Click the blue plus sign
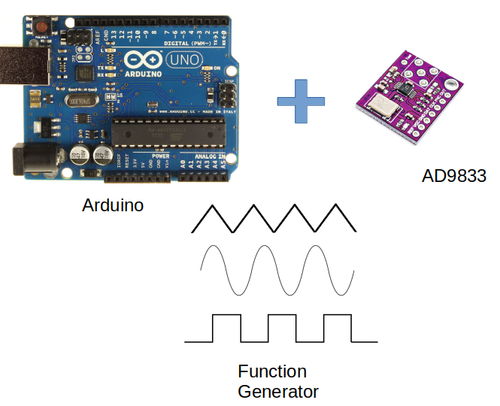click(x=300, y=101)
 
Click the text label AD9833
click(x=453, y=177)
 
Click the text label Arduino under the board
click(x=113, y=205)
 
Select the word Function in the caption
click(x=272, y=371)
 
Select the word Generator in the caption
click(x=278, y=391)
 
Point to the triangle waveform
click(x=274, y=217)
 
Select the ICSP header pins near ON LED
click(x=225, y=95)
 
